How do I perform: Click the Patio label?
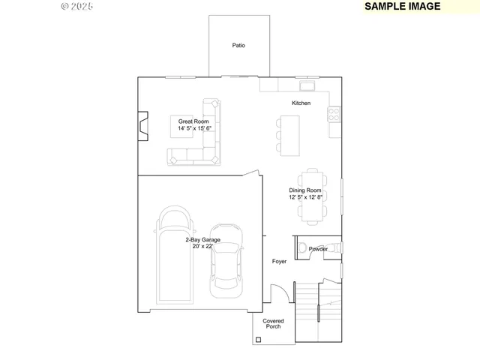tap(238, 46)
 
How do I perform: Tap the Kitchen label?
tap(301, 103)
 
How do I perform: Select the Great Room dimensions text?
tap(194, 128)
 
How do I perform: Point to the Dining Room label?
tap(305, 190)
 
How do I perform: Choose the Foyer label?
tap(279, 262)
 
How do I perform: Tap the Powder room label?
tap(318, 248)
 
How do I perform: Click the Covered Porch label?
tap(273, 324)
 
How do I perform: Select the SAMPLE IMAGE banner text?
tap(402, 6)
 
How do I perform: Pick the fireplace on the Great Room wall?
tap(142, 125)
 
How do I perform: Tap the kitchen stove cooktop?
tap(334, 114)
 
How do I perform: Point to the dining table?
tap(312, 196)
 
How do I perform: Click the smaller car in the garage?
tap(226, 259)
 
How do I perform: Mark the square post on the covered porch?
tap(259, 340)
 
